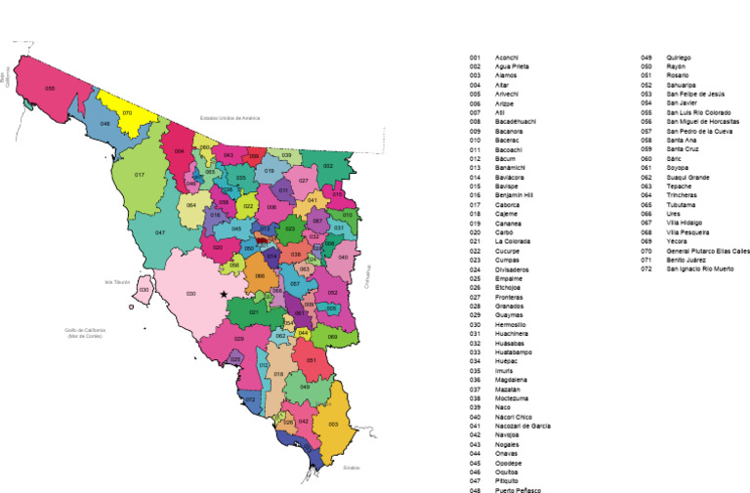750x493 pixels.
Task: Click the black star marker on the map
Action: pyautogui.click(x=224, y=293)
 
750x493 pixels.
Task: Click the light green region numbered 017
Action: pyautogui.click(x=140, y=175)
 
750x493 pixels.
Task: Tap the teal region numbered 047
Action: pyautogui.click(x=158, y=232)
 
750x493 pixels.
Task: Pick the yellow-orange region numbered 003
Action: pyautogui.click(x=335, y=424)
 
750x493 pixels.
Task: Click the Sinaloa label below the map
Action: pyautogui.click(x=351, y=468)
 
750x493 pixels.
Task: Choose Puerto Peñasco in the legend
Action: pyautogui.click(x=518, y=490)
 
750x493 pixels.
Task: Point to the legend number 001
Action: pyautogui.click(x=475, y=58)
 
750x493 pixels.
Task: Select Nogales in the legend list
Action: pyautogui.click(x=508, y=444)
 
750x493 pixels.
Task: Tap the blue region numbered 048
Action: pyautogui.click(x=105, y=125)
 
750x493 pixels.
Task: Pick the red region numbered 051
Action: pyautogui.click(x=312, y=360)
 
